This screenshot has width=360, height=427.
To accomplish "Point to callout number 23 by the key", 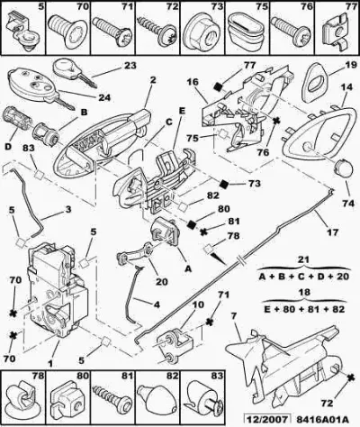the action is click(129, 65).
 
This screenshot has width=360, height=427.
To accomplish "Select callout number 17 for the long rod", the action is click(332, 232).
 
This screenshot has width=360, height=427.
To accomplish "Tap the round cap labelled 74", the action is click(343, 168).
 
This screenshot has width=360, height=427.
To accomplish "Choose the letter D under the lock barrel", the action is click(8, 147).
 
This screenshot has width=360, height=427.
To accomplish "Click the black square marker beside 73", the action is click(224, 184).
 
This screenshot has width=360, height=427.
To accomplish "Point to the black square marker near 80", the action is click(192, 224).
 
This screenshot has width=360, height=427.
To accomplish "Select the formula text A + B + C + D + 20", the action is click(304, 277).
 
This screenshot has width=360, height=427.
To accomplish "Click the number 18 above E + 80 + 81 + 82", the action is click(304, 293).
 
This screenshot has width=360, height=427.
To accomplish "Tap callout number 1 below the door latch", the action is click(50, 364).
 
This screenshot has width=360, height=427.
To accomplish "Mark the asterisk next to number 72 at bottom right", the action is click(349, 377).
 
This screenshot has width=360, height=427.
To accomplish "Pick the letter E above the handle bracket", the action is click(181, 111).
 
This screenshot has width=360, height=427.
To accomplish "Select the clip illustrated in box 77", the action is click(336, 32).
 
